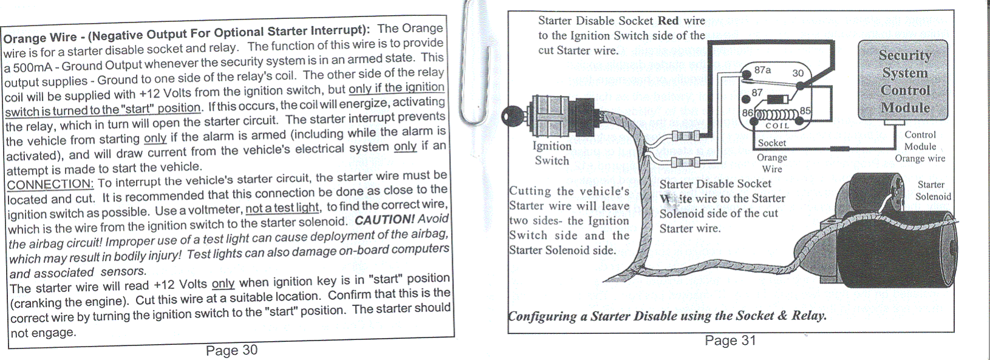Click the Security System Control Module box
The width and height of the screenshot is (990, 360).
903,81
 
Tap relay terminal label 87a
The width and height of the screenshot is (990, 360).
762,70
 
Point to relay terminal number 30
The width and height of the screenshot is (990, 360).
798,73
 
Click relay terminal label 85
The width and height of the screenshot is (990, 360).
805,111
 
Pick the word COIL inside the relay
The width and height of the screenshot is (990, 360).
777,126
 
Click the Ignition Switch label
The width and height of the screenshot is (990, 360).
552,153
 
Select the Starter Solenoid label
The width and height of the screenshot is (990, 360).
933,191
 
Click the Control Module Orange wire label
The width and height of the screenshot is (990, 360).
920,146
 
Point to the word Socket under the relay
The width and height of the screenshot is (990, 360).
772,143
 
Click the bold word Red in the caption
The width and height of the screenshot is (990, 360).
668,21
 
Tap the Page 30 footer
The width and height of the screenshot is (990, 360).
231,350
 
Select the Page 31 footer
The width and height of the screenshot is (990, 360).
730,341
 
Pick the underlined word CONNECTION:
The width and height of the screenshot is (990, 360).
50,184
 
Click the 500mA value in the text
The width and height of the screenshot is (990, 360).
33,66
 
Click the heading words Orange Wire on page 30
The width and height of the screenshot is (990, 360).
40,38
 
